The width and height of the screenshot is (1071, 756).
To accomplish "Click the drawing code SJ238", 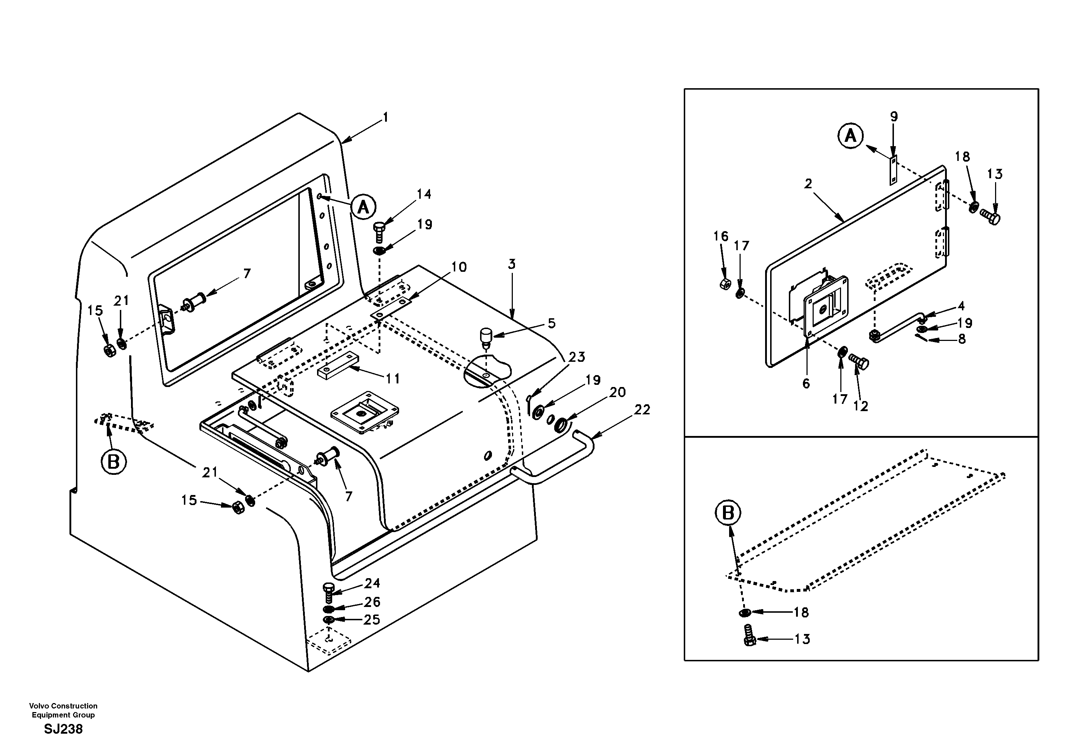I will coord(63,729).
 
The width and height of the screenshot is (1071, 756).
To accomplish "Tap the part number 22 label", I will coord(642,410).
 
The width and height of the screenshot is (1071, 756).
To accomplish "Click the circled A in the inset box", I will coord(850,136).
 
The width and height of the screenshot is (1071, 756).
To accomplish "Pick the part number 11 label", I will coord(393,379).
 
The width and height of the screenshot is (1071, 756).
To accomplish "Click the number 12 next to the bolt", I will coord(860,406).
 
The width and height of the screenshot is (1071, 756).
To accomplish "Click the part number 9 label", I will coord(894,117).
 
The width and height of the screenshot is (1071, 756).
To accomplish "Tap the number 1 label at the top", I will coord(385,118).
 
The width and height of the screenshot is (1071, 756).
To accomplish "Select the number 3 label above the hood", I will coord(512,265).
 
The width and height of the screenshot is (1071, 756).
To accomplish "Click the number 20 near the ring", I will coord(617,392).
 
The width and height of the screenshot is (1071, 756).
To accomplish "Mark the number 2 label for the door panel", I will coord(808,184).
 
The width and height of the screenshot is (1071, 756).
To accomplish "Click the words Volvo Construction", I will coord(63,706).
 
